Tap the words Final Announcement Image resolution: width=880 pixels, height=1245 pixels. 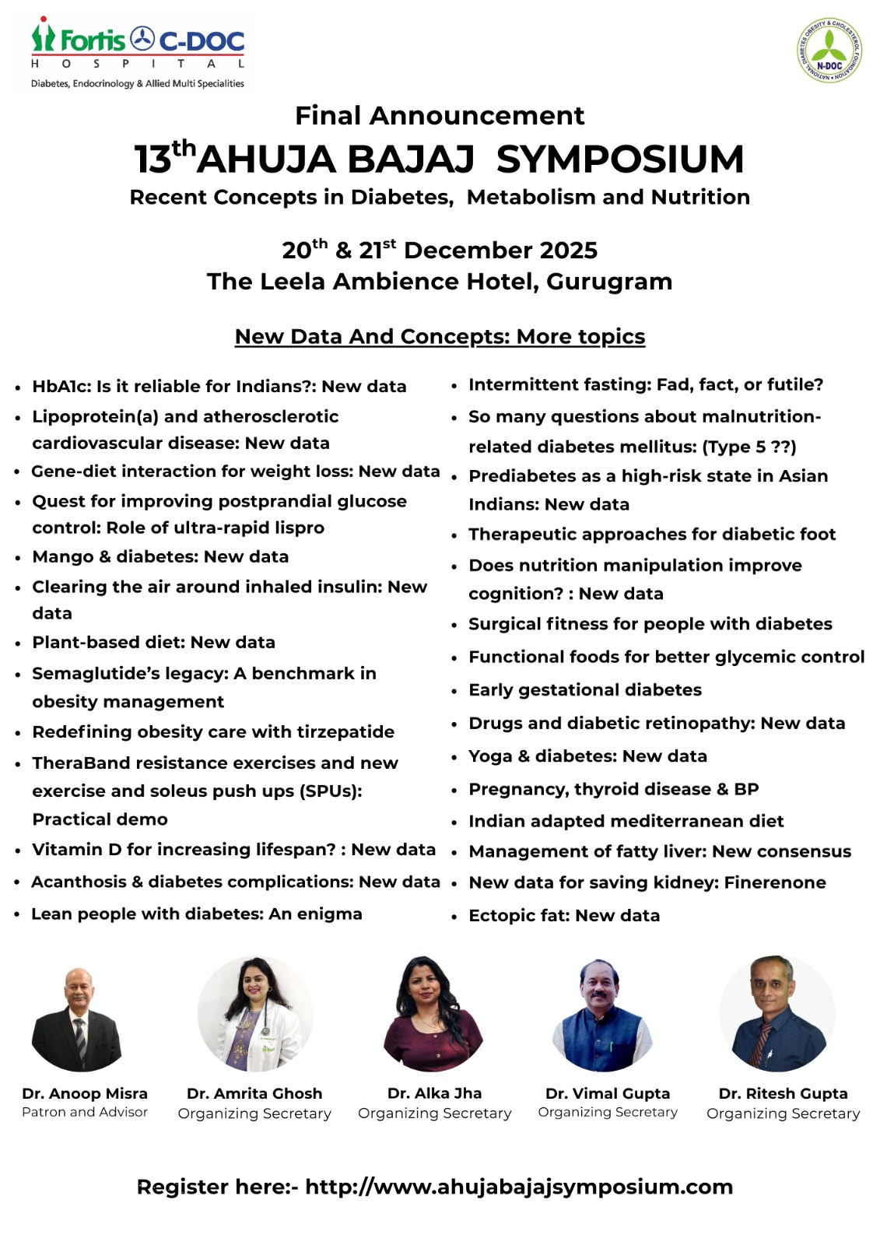tap(440, 116)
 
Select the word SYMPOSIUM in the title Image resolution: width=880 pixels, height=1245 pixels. tap(620, 160)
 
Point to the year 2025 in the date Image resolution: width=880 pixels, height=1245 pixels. tap(568, 251)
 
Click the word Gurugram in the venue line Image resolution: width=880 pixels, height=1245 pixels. tap(609, 282)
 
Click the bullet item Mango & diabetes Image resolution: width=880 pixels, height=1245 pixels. tap(160, 557)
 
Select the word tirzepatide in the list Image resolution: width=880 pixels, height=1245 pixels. tap(346, 732)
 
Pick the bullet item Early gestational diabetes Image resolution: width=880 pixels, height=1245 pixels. tap(585, 690)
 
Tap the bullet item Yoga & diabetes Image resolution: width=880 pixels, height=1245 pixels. tap(587, 756)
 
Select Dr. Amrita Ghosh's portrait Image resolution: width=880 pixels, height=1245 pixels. tap(254, 1014)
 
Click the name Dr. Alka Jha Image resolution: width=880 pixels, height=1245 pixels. tap(434, 1093)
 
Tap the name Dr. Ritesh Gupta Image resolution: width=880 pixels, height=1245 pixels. tap(783, 1093)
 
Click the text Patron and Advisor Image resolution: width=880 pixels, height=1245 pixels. tap(85, 1113)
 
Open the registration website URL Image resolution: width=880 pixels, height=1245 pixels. tap(519, 1187)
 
